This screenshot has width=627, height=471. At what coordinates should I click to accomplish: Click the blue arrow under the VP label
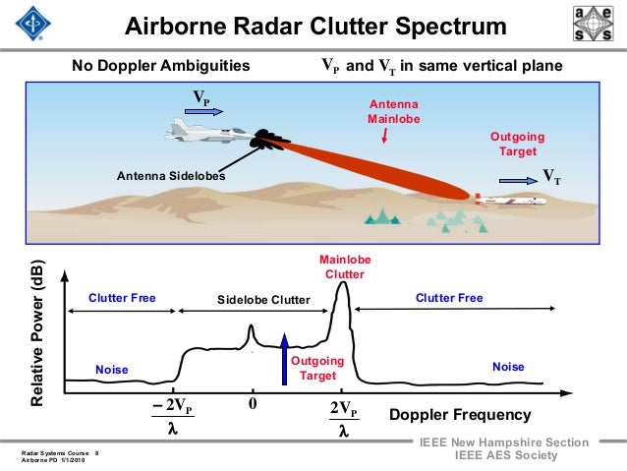click(203, 112)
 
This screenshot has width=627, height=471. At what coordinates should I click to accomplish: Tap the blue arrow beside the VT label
click(516, 181)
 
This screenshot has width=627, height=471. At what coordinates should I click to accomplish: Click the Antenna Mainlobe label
click(393, 112)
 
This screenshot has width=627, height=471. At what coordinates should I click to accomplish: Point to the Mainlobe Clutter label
click(344, 266)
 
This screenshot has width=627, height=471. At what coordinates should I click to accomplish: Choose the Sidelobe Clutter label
click(262, 299)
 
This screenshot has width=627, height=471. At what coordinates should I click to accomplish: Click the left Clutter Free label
click(122, 296)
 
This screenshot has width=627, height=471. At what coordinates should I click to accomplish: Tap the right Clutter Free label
click(449, 296)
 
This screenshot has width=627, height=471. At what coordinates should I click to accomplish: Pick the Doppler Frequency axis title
click(460, 415)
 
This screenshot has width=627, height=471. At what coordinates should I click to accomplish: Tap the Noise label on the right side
click(508, 367)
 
